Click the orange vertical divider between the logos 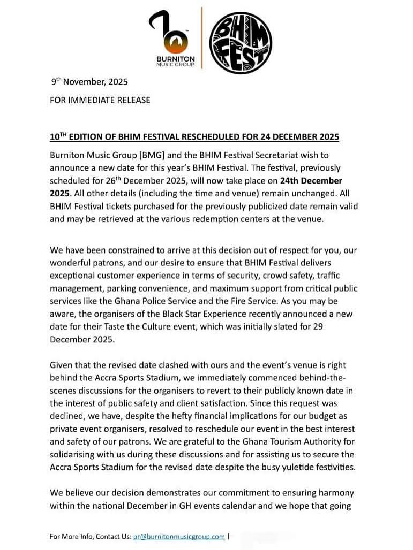click(x=202, y=38)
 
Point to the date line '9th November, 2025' click(x=89, y=82)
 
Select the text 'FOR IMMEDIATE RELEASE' click(x=100, y=100)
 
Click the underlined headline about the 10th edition click(x=194, y=137)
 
